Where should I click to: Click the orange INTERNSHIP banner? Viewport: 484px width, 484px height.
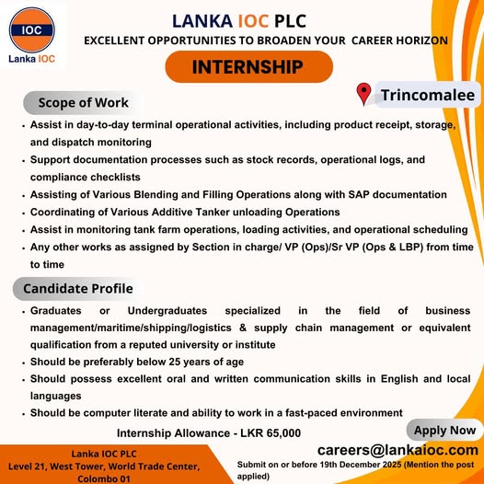pos(248,67)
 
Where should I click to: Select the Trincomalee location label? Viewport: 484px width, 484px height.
pos(428,95)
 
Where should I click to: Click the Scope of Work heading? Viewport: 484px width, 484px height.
pos(83,101)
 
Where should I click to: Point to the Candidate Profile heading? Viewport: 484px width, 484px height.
pos(78,289)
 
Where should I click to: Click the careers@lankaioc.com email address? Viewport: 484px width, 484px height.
pos(398,450)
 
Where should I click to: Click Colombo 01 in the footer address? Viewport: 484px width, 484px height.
pos(103,478)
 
